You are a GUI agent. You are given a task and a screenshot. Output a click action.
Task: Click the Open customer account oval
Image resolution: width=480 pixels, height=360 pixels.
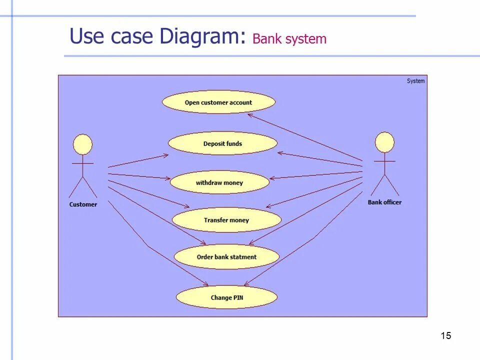coord(218,102)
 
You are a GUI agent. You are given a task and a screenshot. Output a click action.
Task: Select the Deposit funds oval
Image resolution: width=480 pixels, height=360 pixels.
coord(222,143)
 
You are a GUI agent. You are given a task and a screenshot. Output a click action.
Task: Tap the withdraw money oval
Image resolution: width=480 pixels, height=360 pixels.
coord(219,182)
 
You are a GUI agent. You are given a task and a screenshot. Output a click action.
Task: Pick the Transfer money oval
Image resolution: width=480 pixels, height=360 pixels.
coord(226,220)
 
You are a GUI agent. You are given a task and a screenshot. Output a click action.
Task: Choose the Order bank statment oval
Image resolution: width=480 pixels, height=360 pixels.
coord(226,257)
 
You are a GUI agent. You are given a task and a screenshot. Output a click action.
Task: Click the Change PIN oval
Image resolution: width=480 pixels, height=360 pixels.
coord(226,297)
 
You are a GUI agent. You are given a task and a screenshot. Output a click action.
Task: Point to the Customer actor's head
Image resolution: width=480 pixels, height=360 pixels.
coord(83,144)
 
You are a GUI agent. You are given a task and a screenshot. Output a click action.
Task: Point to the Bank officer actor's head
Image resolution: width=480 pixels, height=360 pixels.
coord(384,142)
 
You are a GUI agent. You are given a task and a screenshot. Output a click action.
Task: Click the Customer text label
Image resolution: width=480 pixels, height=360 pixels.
coord(83,204)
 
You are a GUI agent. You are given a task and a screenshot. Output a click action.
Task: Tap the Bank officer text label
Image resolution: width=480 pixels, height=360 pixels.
coord(384,202)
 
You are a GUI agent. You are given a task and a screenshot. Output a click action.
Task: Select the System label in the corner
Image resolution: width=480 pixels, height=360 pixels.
coord(415,81)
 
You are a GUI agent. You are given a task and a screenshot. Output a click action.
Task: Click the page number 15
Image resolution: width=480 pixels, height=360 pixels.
coord(446,335)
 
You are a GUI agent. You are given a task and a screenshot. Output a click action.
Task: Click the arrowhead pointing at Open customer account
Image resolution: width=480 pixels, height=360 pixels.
coord(249,114)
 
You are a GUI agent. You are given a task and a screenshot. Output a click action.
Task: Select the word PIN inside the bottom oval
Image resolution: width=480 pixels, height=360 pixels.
coord(237,297)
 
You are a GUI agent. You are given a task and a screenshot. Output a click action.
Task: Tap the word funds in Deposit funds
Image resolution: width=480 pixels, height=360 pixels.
coord(233,143)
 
